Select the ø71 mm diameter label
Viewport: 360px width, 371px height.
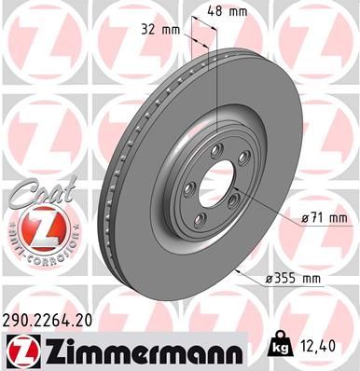(322, 218)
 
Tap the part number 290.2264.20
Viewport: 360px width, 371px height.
(55, 319)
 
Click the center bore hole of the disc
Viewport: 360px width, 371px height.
(209, 180)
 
